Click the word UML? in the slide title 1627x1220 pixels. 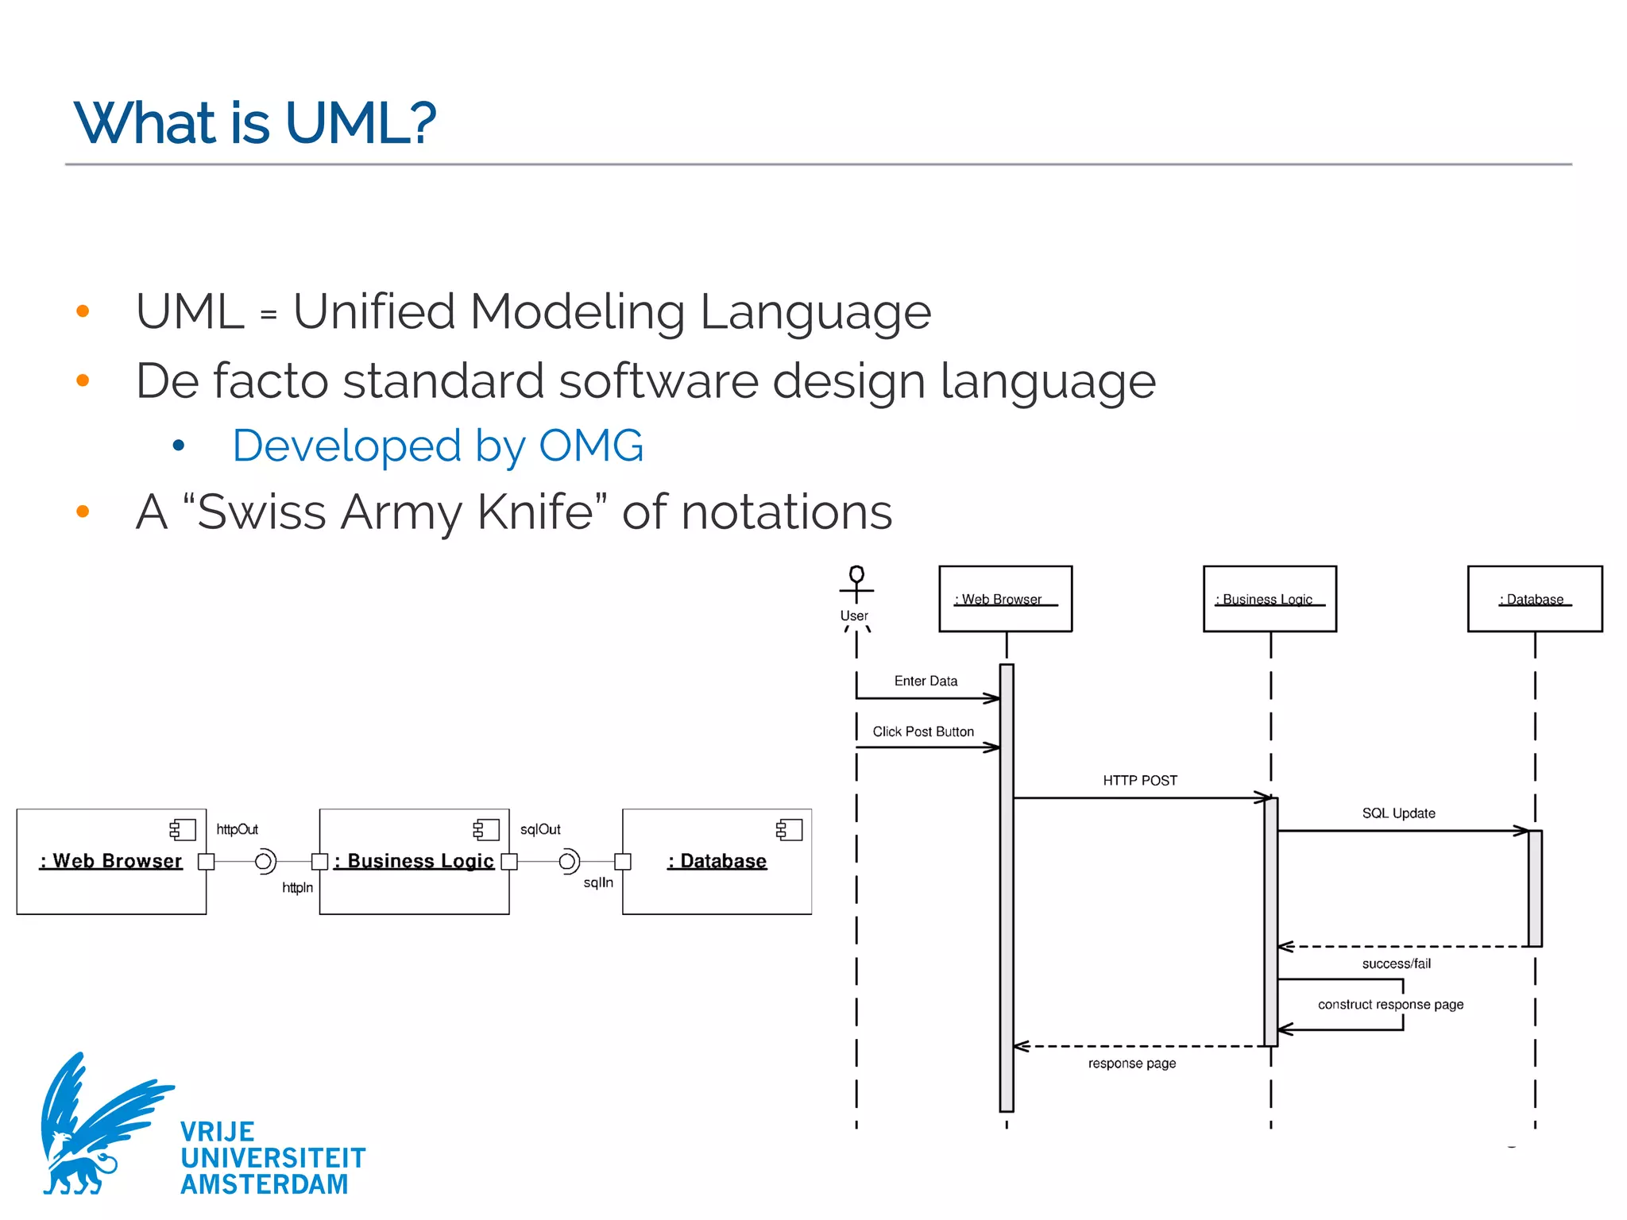361,124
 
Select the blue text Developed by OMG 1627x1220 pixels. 438,446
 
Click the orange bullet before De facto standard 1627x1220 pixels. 83,380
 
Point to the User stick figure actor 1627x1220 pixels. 856,588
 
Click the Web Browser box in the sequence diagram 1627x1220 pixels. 1005,599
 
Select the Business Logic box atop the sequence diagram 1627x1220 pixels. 1270,599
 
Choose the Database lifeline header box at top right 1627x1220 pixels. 1534,599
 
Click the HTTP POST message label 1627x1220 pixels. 1139,781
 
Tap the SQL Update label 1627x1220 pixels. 1398,813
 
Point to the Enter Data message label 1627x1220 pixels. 926,681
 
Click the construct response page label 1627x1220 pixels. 1390,1005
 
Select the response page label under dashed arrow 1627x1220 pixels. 1131,1064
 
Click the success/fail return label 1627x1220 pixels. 1396,964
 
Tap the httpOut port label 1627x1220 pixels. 237,829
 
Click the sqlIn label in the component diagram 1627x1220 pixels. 597,882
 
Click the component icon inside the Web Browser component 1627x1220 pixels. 183,830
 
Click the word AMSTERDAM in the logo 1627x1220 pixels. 264,1184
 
